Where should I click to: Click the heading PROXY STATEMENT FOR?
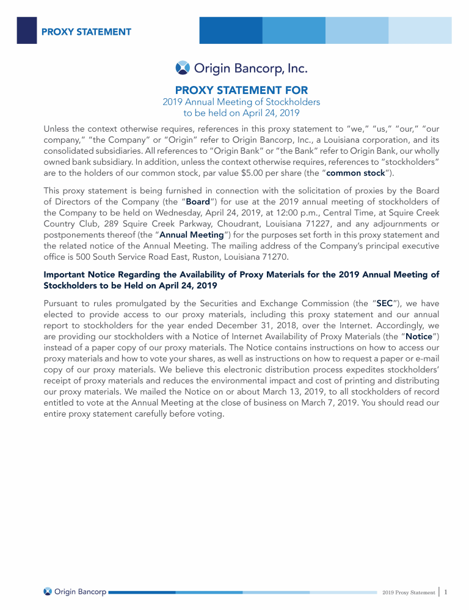click(x=241, y=90)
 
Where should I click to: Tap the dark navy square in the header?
click(x=26, y=30)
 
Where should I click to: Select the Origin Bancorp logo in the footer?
click(x=76, y=591)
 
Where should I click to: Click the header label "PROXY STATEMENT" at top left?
click(x=86, y=31)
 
